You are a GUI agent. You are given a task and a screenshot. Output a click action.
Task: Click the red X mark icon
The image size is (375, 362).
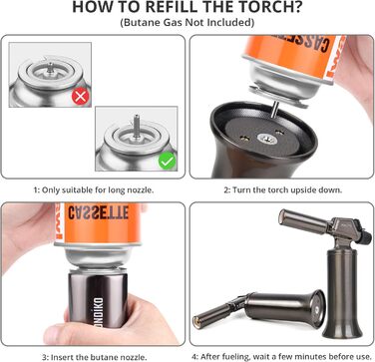pos(81,97)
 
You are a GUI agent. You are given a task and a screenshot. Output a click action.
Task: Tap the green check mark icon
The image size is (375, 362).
pos(168,161)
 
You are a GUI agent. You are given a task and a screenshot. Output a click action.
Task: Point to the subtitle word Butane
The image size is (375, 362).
pos(144,23)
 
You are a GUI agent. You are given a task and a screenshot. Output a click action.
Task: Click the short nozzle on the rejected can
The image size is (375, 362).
pos(50,67)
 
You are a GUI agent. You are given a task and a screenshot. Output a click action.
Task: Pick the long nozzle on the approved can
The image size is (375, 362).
pos(137,126)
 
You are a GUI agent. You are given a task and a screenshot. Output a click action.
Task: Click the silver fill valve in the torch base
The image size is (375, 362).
pos(267,139)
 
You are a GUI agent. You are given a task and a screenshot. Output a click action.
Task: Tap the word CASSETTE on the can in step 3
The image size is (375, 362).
pos(99,212)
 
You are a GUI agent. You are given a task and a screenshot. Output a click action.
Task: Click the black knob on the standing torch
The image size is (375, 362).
pos(366,236)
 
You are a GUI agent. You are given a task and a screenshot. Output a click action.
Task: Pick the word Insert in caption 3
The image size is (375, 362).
pos(61,357)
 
